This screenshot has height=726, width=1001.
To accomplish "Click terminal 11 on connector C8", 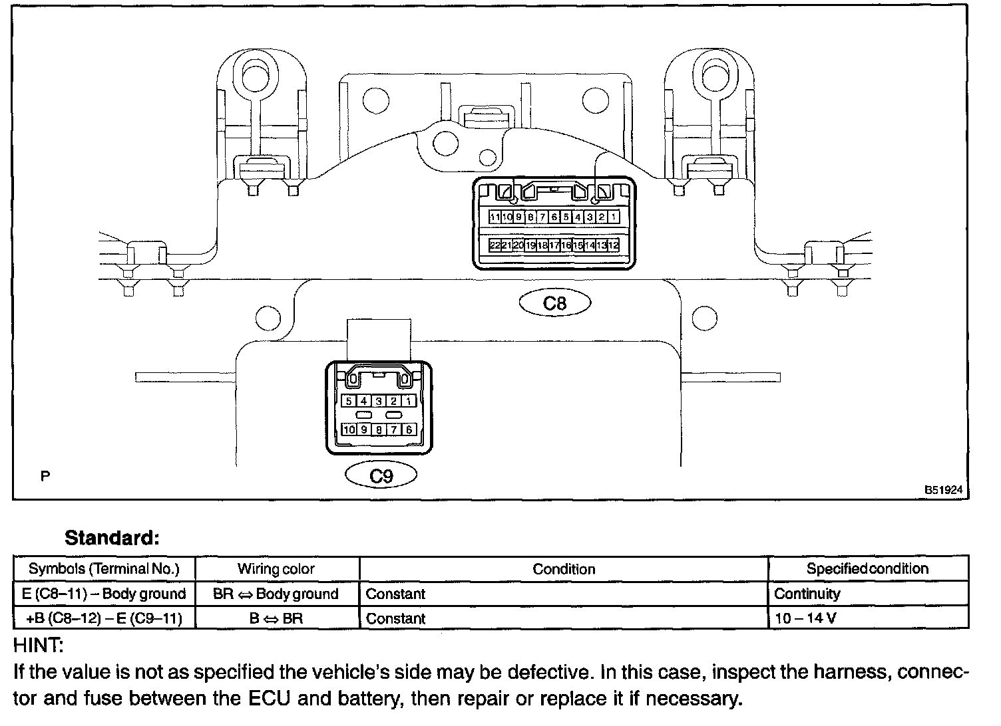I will pyautogui.click(x=495, y=217).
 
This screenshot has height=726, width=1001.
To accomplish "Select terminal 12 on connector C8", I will pyautogui.click(x=614, y=245).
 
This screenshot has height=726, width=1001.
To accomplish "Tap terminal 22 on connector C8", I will pyautogui.click(x=495, y=245).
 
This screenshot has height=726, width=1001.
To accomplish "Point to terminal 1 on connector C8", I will pyautogui.click(x=613, y=217).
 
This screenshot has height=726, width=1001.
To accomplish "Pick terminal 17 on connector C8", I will pyautogui.click(x=554, y=245).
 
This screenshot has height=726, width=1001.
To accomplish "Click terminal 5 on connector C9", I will pyautogui.click(x=349, y=401).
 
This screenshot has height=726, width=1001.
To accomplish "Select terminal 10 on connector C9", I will pyautogui.click(x=349, y=429).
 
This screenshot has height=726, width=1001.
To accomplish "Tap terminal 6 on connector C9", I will pyautogui.click(x=409, y=429).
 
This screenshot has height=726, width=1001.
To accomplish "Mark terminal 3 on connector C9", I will pyautogui.click(x=379, y=401).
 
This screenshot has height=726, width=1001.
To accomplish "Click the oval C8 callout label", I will pyautogui.click(x=554, y=303).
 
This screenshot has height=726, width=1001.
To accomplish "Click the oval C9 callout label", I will pyautogui.click(x=381, y=475).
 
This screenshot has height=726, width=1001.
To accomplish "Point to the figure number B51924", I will pyautogui.click(x=943, y=490).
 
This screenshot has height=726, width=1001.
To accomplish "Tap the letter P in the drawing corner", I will pyautogui.click(x=45, y=476).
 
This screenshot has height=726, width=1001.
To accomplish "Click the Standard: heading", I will pyautogui.click(x=112, y=537).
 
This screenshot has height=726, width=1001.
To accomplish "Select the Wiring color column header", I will pyautogui.click(x=276, y=569).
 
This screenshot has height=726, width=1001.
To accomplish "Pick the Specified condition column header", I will pyautogui.click(x=867, y=568).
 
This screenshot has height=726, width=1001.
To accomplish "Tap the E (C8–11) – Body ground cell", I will pyautogui.click(x=104, y=594).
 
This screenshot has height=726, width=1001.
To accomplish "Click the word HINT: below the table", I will pyautogui.click(x=38, y=645).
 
